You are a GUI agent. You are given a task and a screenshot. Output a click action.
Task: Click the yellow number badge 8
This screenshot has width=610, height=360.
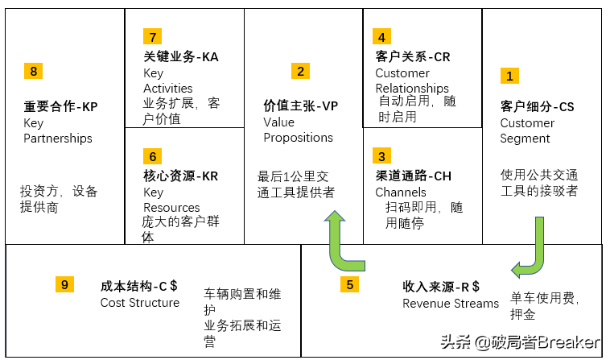(x=33, y=72)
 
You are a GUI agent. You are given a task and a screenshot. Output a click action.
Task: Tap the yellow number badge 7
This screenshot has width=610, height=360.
(x=152, y=36)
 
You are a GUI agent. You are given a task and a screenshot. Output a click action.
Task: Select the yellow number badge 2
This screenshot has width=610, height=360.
(x=300, y=71)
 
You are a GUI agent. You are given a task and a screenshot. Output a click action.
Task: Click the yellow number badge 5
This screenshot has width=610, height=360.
(x=349, y=284)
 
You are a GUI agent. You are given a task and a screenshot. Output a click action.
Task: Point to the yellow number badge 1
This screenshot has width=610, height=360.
(x=509, y=76)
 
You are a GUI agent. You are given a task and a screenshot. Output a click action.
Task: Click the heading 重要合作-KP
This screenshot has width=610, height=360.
(x=60, y=106)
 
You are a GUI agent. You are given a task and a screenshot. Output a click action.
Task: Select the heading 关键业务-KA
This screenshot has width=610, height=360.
(x=180, y=57)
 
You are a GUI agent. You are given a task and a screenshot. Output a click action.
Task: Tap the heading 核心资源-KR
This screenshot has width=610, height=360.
(x=180, y=176)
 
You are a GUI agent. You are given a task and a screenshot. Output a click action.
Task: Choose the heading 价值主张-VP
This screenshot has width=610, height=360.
(x=301, y=106)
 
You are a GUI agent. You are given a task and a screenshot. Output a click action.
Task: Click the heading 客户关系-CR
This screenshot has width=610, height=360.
(x=413, y=57)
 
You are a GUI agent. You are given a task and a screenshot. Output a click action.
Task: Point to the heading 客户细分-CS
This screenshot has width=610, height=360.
(x=538, y=106)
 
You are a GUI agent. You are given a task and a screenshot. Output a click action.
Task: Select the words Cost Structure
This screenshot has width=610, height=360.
(x=140, y=303)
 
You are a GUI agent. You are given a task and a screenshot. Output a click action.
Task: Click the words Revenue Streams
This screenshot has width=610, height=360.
(x=451, y=304)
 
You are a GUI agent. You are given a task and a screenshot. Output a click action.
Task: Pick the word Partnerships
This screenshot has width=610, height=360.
(x=58, y=139)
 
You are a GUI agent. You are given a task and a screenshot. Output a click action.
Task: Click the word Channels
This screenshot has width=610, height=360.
(x=401, y=192)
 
